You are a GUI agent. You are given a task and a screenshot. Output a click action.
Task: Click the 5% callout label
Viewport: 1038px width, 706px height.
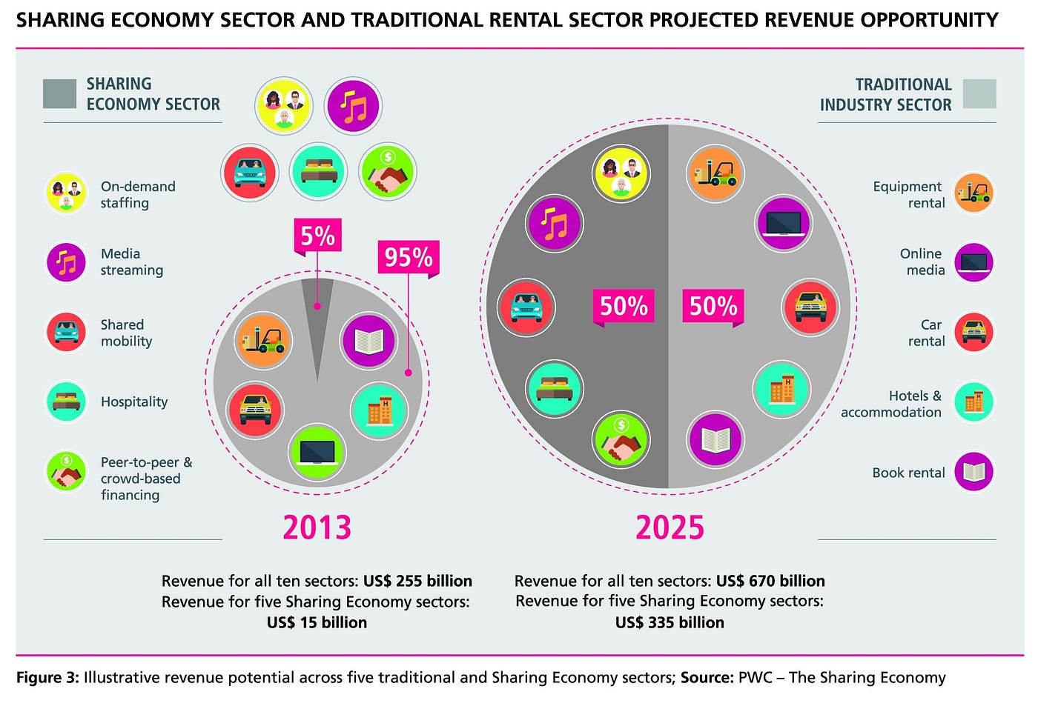(x=317, y=236)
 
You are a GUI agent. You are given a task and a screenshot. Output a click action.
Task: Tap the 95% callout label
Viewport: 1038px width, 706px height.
(x=408, y=257)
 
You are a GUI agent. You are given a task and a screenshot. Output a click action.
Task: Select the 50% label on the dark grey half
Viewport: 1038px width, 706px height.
(x=624, y=306)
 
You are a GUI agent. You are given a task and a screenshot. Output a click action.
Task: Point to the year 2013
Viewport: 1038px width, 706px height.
(x=317, y=527)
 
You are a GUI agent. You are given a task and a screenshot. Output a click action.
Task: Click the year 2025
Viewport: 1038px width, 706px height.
(x=670, y=527)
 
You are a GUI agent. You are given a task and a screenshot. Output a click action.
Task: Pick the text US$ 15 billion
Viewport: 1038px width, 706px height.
(x=317, y=622)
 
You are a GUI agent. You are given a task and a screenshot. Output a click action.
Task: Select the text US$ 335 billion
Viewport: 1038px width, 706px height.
(x=670, y=622)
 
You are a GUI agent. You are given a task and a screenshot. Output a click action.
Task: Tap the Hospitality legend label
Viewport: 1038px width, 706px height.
(x=134, y=402)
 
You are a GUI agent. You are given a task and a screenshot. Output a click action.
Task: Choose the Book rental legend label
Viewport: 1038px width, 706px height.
(x=908, y=473)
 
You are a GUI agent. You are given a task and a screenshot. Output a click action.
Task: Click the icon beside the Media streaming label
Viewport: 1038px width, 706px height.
(x=67, y=262)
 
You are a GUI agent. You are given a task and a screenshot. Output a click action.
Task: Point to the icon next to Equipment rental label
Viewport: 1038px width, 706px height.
(x=973, y=193)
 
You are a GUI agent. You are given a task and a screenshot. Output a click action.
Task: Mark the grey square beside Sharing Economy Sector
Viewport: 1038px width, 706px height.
(x=60, y=94)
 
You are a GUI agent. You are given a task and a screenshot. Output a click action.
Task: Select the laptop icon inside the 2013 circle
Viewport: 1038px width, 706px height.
(x=317, y=451)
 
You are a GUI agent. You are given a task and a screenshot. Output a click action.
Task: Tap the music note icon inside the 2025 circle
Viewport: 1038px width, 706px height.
(x=555, y=223)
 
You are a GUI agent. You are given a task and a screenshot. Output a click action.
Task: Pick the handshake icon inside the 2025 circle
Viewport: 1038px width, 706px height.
(x=621, y=440)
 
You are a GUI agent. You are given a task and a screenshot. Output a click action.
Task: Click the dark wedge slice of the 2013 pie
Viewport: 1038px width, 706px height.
(x=318, y=319)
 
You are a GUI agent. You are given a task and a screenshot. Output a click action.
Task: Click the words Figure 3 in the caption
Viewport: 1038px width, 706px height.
(x=47, y=678)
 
